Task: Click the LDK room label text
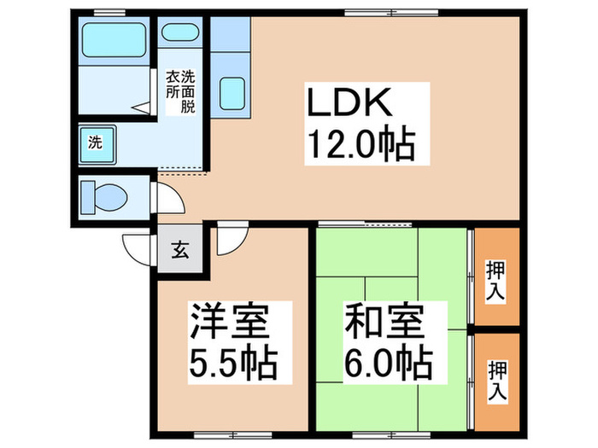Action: pos(350,104)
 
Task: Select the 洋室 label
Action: pos(231,323)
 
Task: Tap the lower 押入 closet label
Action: pos(496,381)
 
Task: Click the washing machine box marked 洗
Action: pos(95,143)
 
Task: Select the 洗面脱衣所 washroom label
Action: pos(180,92)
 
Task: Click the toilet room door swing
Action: pos(169,200)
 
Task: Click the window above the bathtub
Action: pos(106,11)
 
